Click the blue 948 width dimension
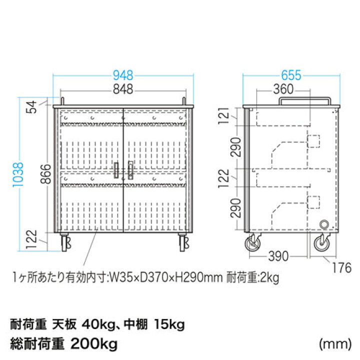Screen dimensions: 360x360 pyautogui.click(x=123, y=75)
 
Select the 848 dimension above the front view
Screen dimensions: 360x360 pyautogui.click(x=123, y=89)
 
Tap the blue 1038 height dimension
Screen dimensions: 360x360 pyautogui.click(x=18, y=174)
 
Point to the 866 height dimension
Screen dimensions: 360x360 pyautogui.click(x=45, y=174)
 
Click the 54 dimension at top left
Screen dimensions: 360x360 pyautogui.click(x=31, y=107)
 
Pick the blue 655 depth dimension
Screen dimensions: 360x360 pyautogui.click(x=291, y=75)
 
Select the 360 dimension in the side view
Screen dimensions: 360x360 pyautogui.click(x=283, y=89)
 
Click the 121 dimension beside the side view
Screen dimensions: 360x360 pyautogui.click(x=223, y=116)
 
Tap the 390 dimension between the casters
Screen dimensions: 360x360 pyautogui.click(x=278, y=256)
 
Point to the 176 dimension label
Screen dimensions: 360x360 pyautogui.click(x=341, y=267)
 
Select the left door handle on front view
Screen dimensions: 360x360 pyautogui.click(x=116, y=170)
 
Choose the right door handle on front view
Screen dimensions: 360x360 pyautogui.click(x=130, y=170)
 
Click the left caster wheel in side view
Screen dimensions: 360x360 pyautogui.click(x=252, y=243)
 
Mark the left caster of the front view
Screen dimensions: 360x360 pyautogui.click(x=65, y=242)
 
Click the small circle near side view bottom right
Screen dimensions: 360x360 pyautogui.click(x=324, y=224)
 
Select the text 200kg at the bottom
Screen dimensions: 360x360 pyautogui.click(x=94, y=344)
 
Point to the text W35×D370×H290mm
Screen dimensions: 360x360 pyautogui.click(x=166, y=277)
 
